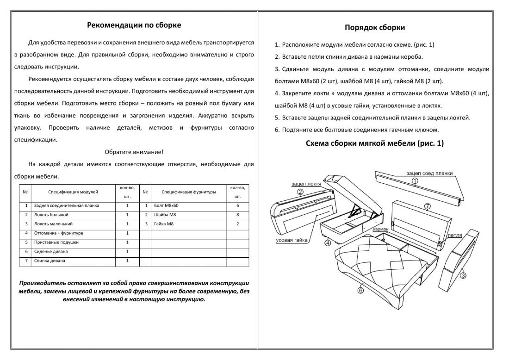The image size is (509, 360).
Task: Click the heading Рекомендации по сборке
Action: (134, 25)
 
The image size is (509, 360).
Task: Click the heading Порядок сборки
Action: (375, 27)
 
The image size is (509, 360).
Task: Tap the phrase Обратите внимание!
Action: (134, 152)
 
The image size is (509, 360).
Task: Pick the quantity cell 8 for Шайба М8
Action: (237, 215)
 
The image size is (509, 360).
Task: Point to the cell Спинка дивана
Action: (50, 261)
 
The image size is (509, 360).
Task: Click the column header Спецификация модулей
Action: (73, 192)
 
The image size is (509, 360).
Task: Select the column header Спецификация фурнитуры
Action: (189, 192)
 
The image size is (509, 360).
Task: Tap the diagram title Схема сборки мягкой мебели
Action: (375, 143)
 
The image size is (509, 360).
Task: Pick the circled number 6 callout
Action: (360, 290)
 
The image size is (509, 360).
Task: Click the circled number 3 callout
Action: (463, 275)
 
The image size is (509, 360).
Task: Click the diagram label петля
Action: (455, 235)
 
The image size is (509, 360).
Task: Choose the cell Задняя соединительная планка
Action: (67, 205)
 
